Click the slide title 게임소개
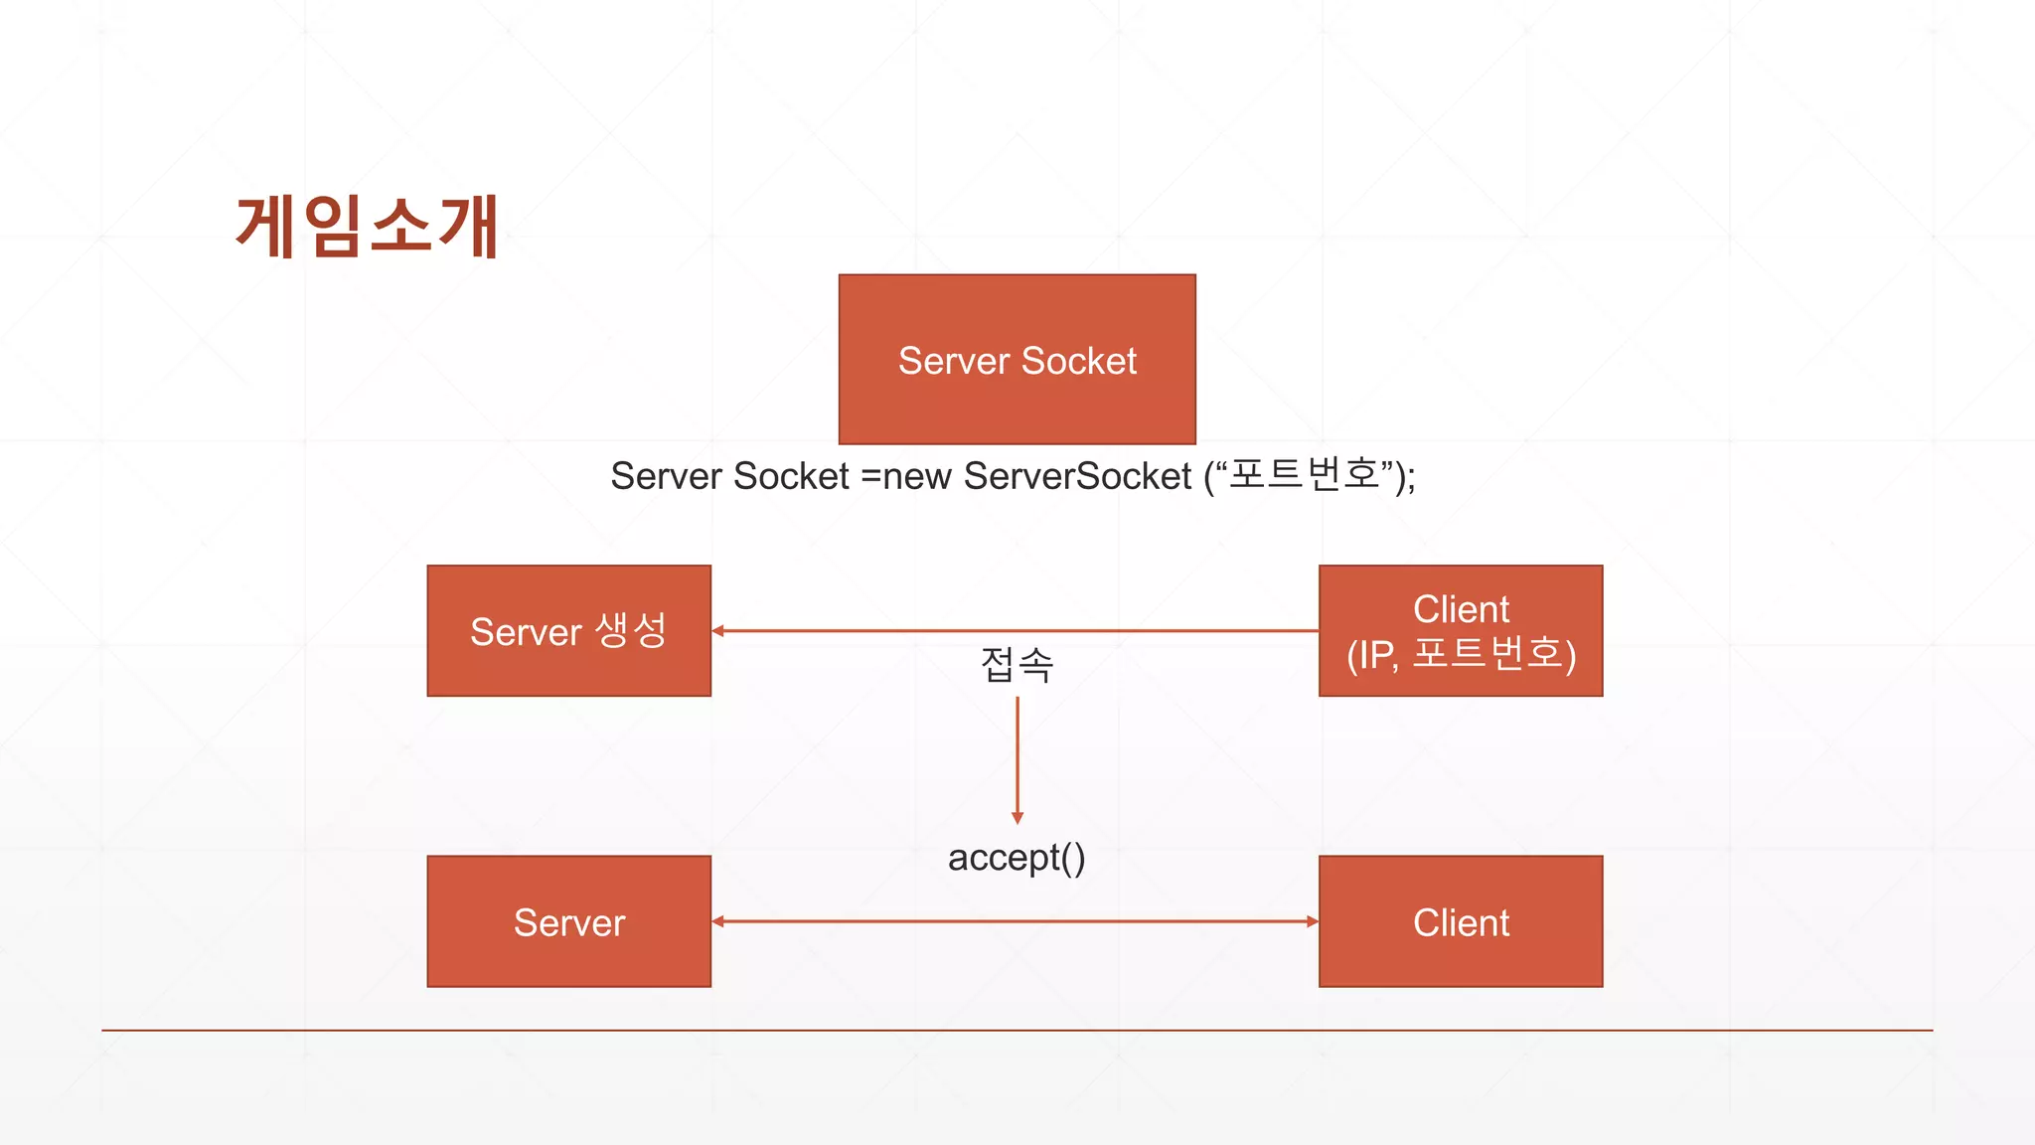(x=367, y=227)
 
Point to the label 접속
(x=1017, y=665)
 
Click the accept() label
(x=1017, y=858)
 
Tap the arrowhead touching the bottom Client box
(x=1312, y=921)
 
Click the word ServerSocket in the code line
(x=1077, y=476)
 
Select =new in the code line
(x=905, y=476)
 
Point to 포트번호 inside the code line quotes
(x=1304, y=474)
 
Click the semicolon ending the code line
(x=1411, y=479)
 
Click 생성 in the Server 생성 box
(x=631, y=630)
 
